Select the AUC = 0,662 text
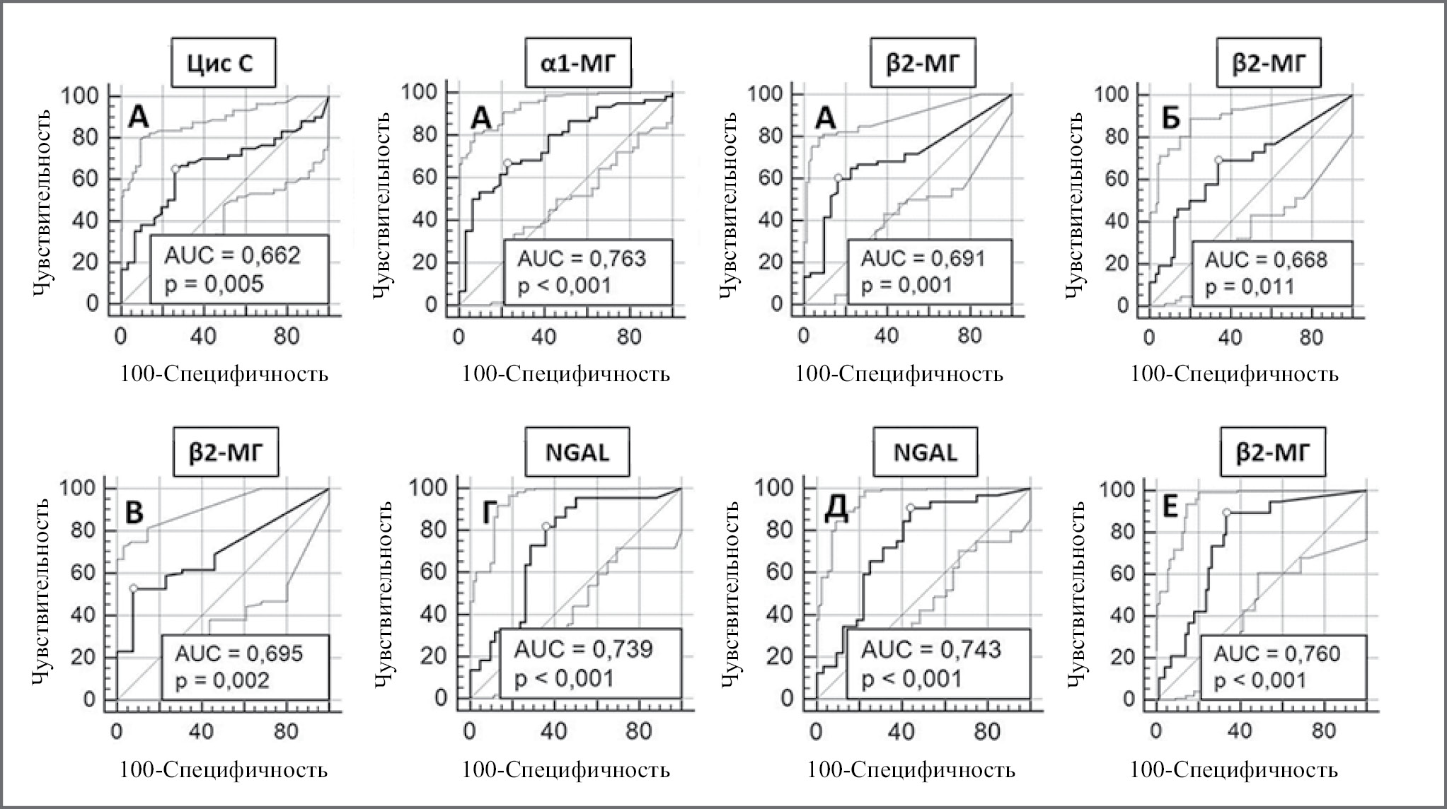pyautogui.click(x=233, y=255)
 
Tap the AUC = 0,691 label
pyautogui.click(x=923, y=258)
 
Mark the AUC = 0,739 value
pyautogui.click(x=583, y=648)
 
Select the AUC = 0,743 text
pyautogui.click(x=931, y=648)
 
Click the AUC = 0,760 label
pyautogui.click(x=1277, y=653)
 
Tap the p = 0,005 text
pyautogui.click(x=214, y=284)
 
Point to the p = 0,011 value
pyautogui.click(x=1250, y=286)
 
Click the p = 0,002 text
pyautogui.click(x=222, y=680)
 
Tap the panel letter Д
pyautogui.click(x=837, y=513)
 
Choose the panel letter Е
pyautogui.click(x=1171, y=510)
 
